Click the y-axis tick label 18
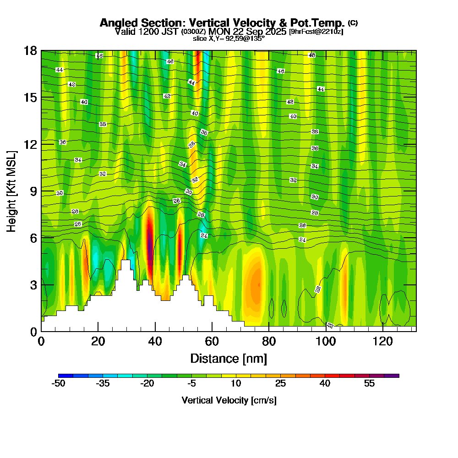pyautogui.click(x=31, y=50)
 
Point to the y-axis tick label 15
pyautogui.click(x=31, y=98)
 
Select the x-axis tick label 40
pyautogui.click(x=155, y=341)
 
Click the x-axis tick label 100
pyautogui.click(x=326, y=341)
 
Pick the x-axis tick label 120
pyautogui.click(x=382, y=341)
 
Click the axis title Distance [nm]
pyautogui.click(x=229, y=358)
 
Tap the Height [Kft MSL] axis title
pyautogui.click(x=12, y=191)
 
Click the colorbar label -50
pyautogui.click(x=59, y=384)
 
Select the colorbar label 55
pyautogui.click(x=369, y=384)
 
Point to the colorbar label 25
pyautogui.click(x=281, y=384)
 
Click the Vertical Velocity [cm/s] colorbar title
pyautogui.click(x=229, y=400)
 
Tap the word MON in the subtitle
pyautogui.click(x=218, y=32)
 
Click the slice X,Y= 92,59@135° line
pyautogui.click(x=229, y=38)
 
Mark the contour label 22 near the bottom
pyautogui.click(x=330, y=325)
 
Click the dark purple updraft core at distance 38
pyautogui.click(x=149, y=240)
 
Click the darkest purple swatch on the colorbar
pyautogui.click(x=395, y=376)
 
